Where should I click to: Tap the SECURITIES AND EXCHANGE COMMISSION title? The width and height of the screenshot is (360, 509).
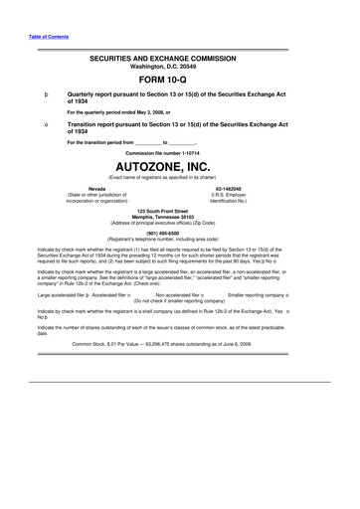180,60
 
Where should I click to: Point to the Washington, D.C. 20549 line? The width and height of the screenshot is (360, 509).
180,69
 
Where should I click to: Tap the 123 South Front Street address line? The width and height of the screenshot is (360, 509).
180,212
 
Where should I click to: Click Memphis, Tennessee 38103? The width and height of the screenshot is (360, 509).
180,219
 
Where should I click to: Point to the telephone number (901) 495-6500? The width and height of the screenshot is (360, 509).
180,235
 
